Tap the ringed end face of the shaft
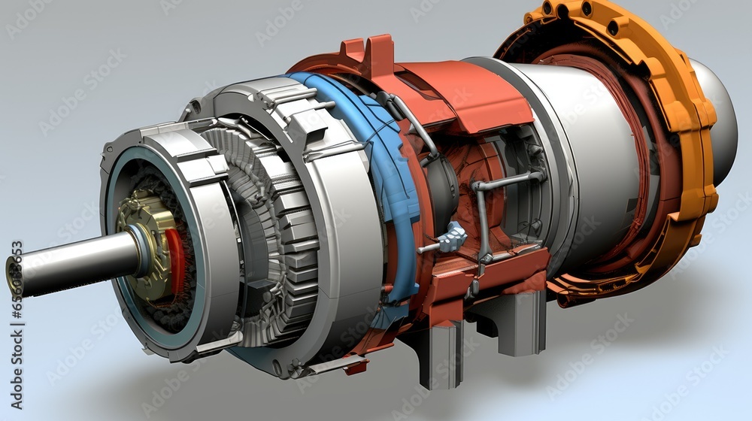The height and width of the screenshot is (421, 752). point(13,275)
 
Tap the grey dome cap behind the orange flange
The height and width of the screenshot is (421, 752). point(722,120)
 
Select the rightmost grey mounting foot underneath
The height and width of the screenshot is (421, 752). point(519,323)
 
